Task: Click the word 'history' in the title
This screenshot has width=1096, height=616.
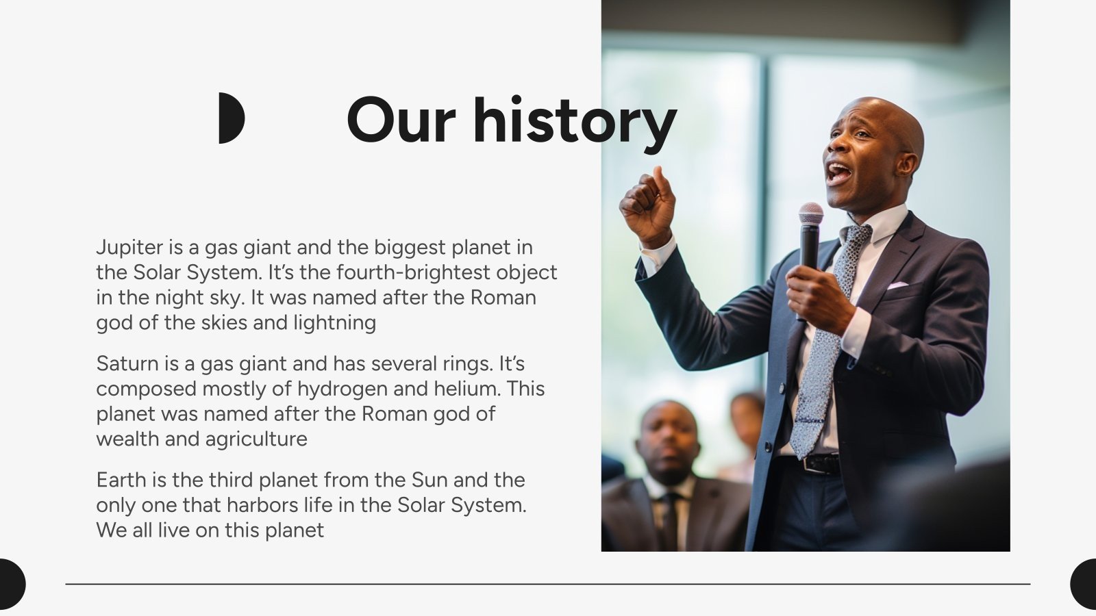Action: [x=575, y=123]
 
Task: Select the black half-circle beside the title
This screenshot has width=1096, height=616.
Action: [x=232, y=118]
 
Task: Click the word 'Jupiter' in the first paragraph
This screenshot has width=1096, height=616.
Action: [x=129, y=248]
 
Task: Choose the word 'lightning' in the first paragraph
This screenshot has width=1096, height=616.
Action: [x=335, y=323]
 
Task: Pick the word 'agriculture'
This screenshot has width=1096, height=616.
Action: [x=256, y=439]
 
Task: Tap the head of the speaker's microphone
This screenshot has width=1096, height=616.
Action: [x=811, y=213]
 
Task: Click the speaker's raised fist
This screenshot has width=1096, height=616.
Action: [x=647, y=205]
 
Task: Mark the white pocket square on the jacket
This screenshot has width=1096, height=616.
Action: [x=898, y=285]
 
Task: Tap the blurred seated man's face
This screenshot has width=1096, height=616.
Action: [x=669, y=440]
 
